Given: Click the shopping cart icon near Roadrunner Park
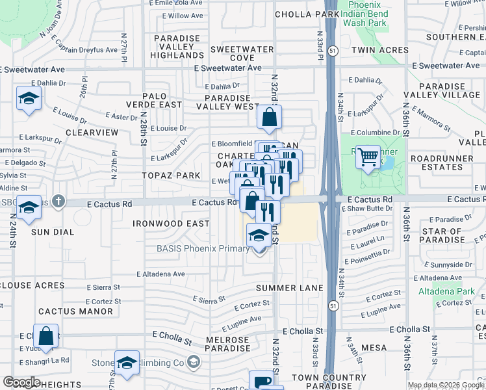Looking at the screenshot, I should point(368,156).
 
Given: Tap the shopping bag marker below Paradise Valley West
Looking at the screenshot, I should point(269,118).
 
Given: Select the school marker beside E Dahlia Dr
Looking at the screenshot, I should point(29,98).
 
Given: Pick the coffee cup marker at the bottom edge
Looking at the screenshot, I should point(262,382).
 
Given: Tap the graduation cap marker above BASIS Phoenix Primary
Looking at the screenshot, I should point(259,235).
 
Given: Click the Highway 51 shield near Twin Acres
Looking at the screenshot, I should point(332,50).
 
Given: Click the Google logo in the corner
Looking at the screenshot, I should point(21,382).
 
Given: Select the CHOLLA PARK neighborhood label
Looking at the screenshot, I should point(307,14).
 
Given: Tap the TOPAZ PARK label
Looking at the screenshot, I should point(172,176).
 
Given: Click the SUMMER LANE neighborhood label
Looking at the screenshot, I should point(289,287).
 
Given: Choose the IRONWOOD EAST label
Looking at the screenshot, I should point(171,224).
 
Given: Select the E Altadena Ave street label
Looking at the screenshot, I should point(160,274).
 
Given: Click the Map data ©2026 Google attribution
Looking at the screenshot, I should point(445,385).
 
